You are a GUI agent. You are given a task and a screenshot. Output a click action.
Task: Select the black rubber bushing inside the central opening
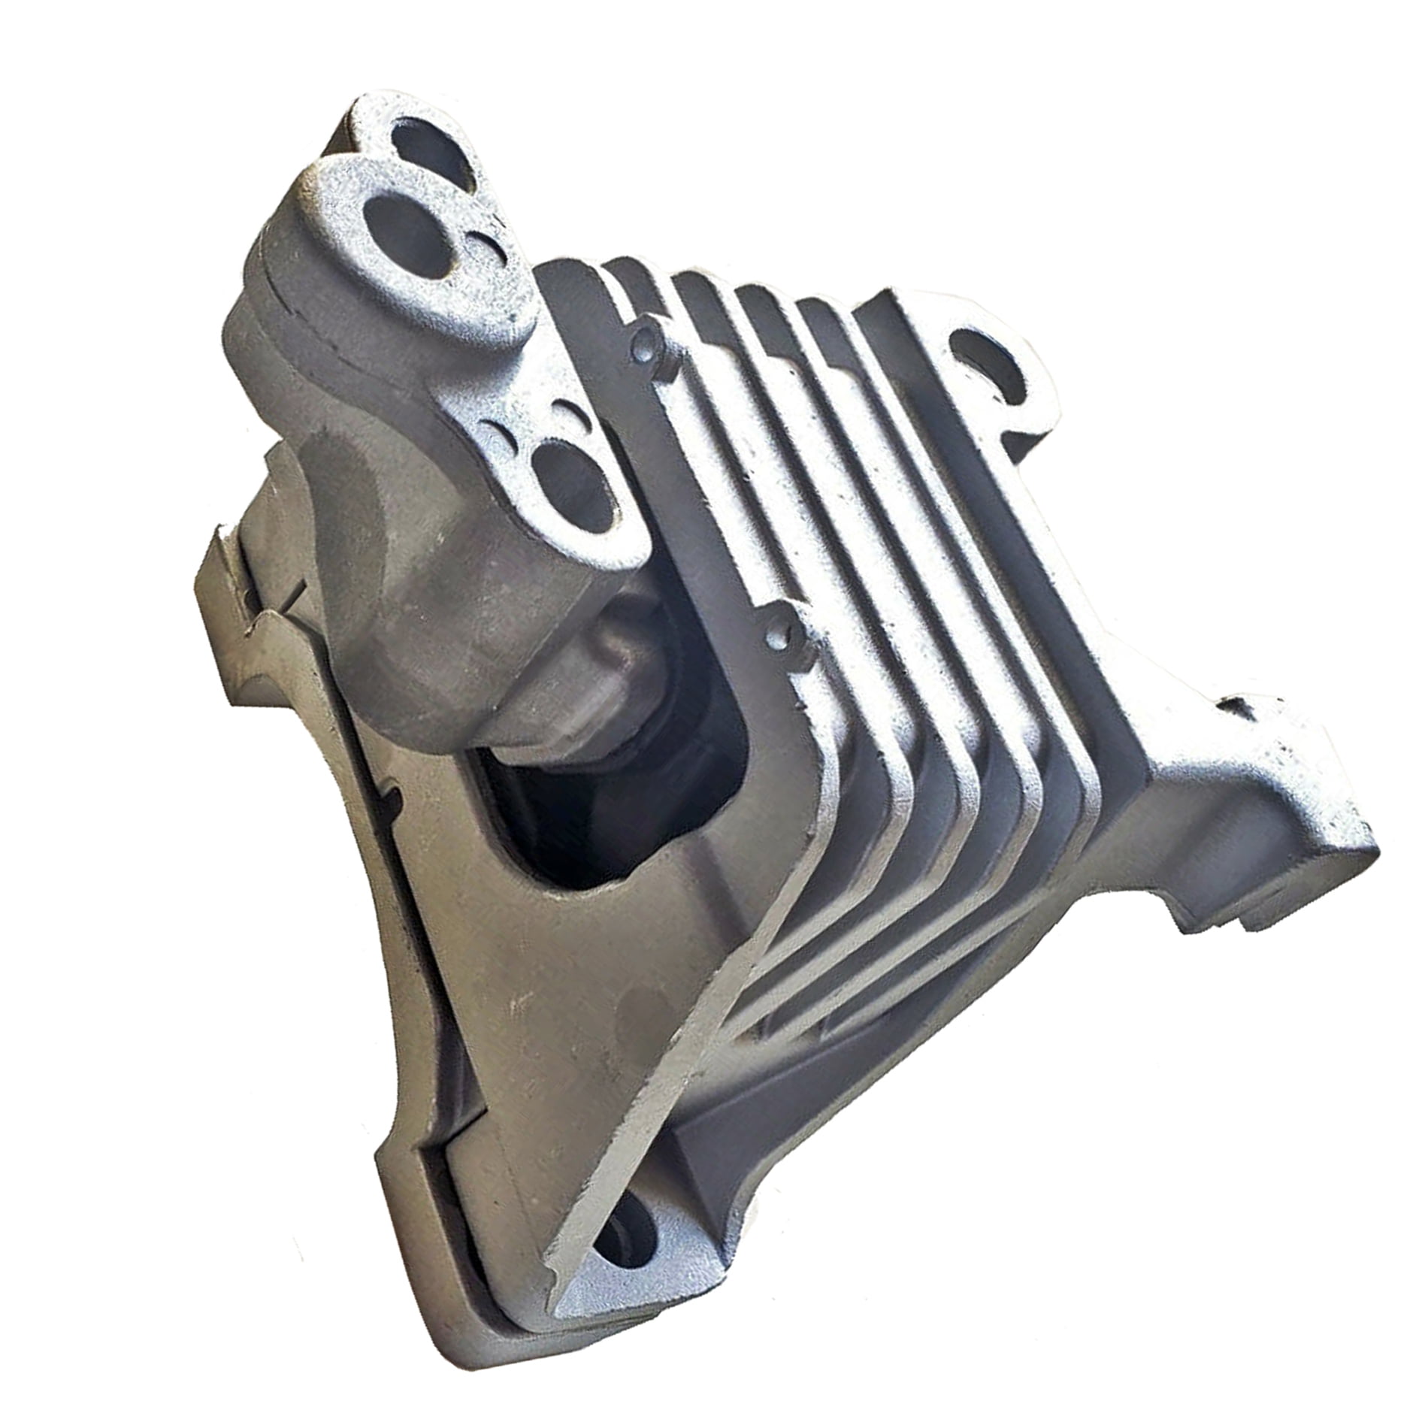(x=594, y=812)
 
